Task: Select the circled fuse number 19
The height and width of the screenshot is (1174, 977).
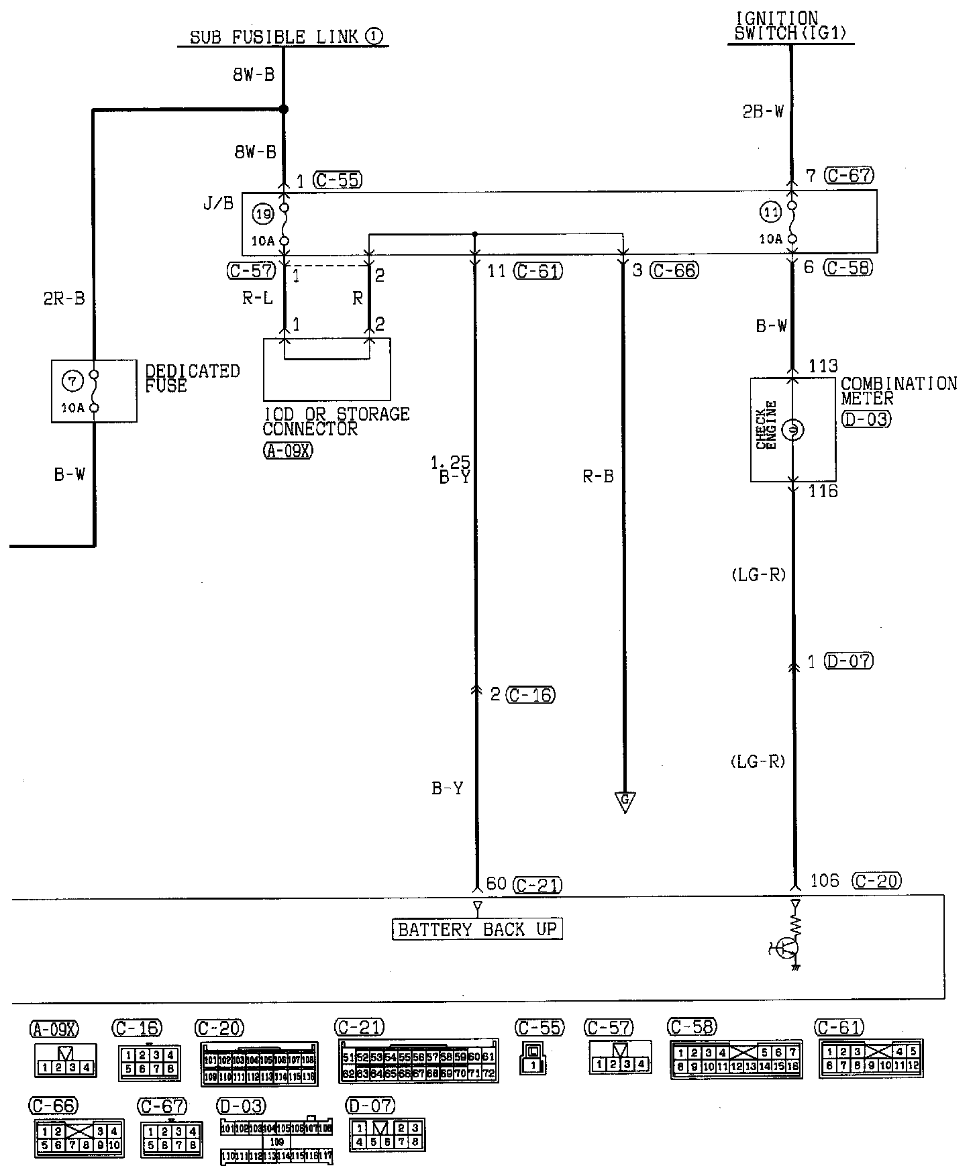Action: click(x=263, y=215)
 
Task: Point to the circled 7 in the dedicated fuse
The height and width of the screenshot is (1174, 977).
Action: click(x=72, y=381)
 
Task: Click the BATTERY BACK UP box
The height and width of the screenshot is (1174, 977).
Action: click(x=477, y=929)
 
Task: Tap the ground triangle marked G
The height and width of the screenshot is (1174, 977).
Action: click(x=625, y=802)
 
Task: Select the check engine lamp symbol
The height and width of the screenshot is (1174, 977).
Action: click(x=792, y=429)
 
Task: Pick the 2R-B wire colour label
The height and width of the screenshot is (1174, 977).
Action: click(x=65, y=299)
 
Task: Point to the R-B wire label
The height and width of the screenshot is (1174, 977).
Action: click(x=598, y=476)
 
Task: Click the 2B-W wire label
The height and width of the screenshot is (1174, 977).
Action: click(x=763, y=111)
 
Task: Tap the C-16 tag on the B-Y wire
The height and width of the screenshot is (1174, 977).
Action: click(x=531, y=695)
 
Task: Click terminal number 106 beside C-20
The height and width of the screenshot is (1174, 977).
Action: click(x=825, y=881)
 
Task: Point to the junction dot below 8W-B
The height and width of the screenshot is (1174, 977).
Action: click(x=284, y=109)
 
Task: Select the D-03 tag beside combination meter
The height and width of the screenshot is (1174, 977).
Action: click(x=866, y=419)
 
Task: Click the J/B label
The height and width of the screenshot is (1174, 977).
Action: click(x=219, y=203)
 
